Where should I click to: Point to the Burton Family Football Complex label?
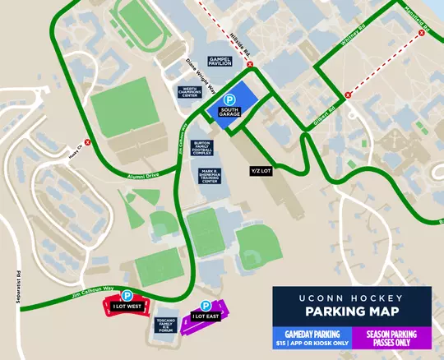pyautogui.click(x=204, y=148)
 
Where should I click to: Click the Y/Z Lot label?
pyautogui.click(x=262, y=171)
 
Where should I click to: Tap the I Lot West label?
pyautogui.click(x=127, y=307)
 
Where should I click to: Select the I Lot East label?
pyautogui.click(x=205, y=316)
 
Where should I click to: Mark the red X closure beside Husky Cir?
pyautogui.click(x=86, y=141)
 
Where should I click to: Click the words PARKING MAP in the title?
pyautogui.click(x=351, y=312)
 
